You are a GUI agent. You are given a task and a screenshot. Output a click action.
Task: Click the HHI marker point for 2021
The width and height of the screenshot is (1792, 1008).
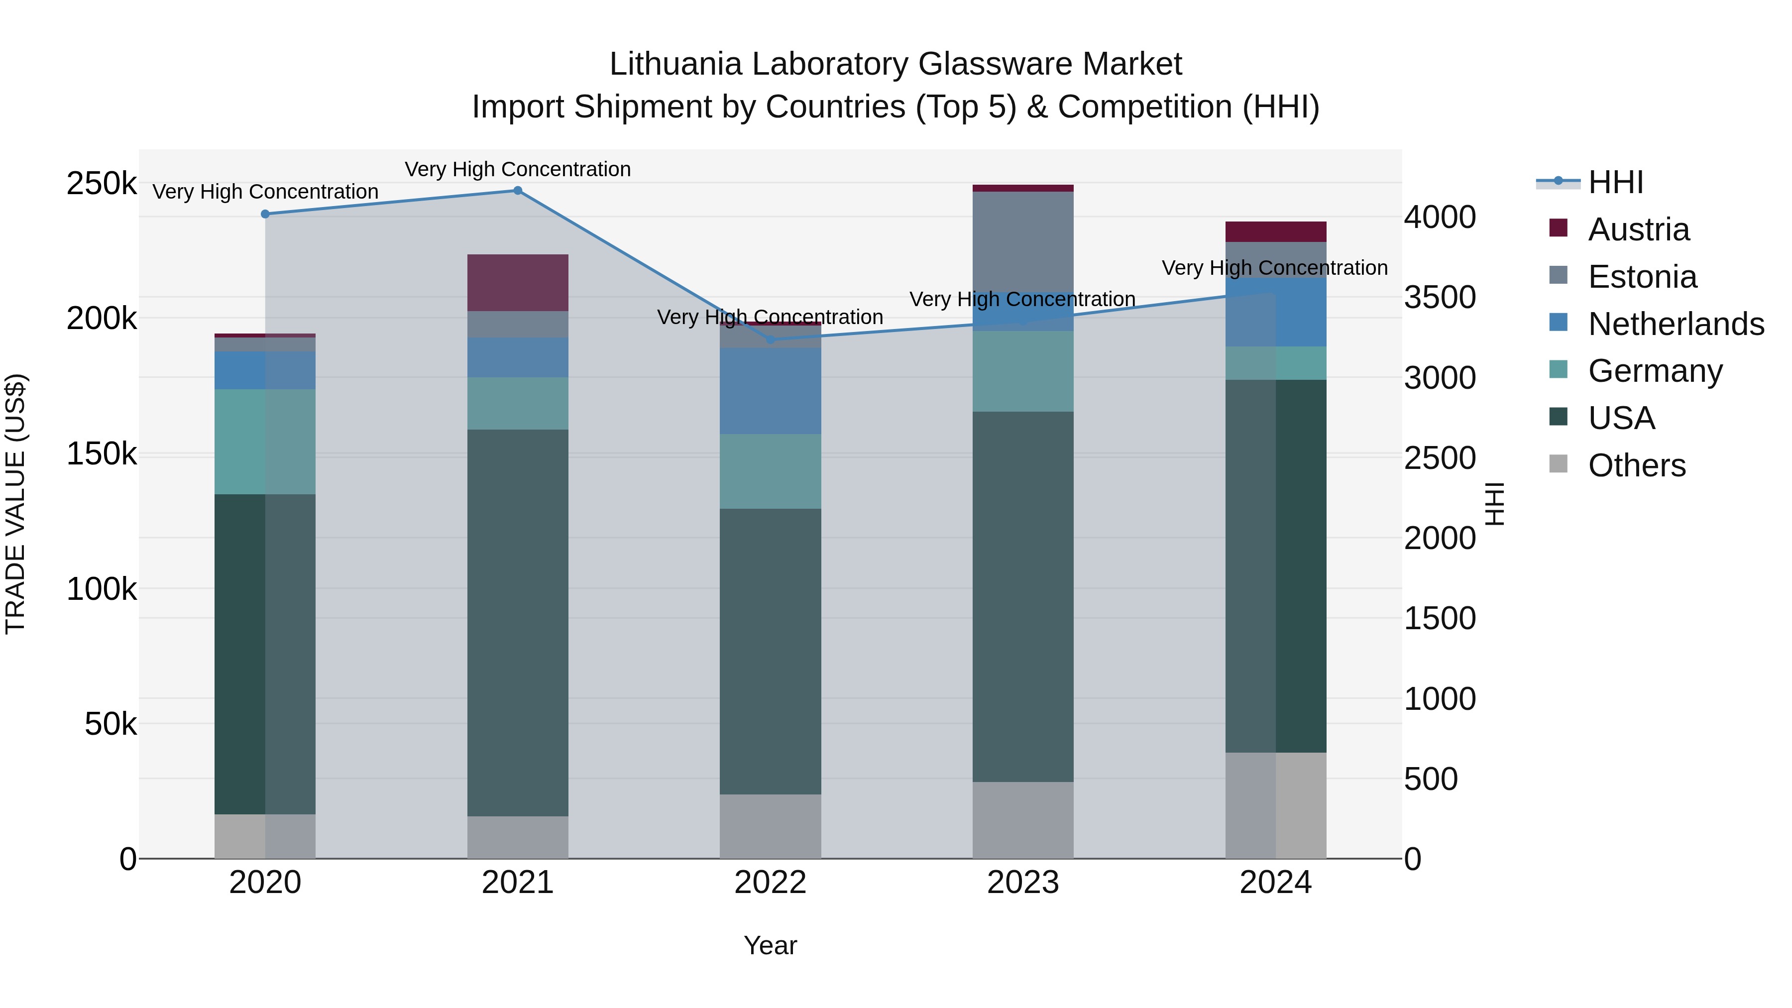tap(518, 191)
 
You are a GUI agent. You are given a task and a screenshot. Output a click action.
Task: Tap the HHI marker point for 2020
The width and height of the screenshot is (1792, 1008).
tap(265, 214)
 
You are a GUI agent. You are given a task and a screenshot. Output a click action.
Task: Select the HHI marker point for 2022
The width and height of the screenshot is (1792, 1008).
tap(770, 339)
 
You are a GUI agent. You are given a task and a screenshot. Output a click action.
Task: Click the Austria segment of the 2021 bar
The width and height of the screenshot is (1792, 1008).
tap(518, 282)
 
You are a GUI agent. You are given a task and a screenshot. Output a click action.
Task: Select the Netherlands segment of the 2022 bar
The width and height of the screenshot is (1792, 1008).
tap(770, 391)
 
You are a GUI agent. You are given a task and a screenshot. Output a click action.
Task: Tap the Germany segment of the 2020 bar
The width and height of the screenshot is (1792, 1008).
tap(265, 442)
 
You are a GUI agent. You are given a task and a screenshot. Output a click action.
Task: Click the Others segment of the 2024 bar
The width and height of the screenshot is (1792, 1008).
tap(1275, 805)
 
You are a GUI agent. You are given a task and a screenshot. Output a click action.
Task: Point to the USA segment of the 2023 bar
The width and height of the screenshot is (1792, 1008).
tap(1022, 596)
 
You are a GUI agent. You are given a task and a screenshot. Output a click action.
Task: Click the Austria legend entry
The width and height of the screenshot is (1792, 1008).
tap(1638, 229)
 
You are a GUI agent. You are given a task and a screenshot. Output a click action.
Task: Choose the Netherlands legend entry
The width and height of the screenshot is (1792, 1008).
tap(1675, 324)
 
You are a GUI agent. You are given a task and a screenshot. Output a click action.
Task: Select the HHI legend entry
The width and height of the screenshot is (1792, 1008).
tap(1615, 182)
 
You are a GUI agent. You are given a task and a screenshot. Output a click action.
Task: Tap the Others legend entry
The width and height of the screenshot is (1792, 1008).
tap(1636, 465)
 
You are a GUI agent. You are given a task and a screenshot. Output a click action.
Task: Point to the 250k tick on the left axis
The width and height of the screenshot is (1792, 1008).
tap(102, 184)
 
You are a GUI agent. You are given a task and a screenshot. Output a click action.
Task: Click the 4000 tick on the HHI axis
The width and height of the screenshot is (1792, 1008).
tap(1439, 217)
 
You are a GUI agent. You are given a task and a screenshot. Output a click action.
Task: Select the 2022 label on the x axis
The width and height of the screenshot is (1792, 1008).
tap(770, 883)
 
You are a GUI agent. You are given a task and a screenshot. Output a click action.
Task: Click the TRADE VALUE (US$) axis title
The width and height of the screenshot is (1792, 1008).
tap(16, 504)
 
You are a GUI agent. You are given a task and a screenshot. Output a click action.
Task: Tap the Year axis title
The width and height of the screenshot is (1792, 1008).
tap(770, 945)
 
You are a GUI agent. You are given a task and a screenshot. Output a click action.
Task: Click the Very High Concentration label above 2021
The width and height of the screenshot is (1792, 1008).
tap(518, 169)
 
